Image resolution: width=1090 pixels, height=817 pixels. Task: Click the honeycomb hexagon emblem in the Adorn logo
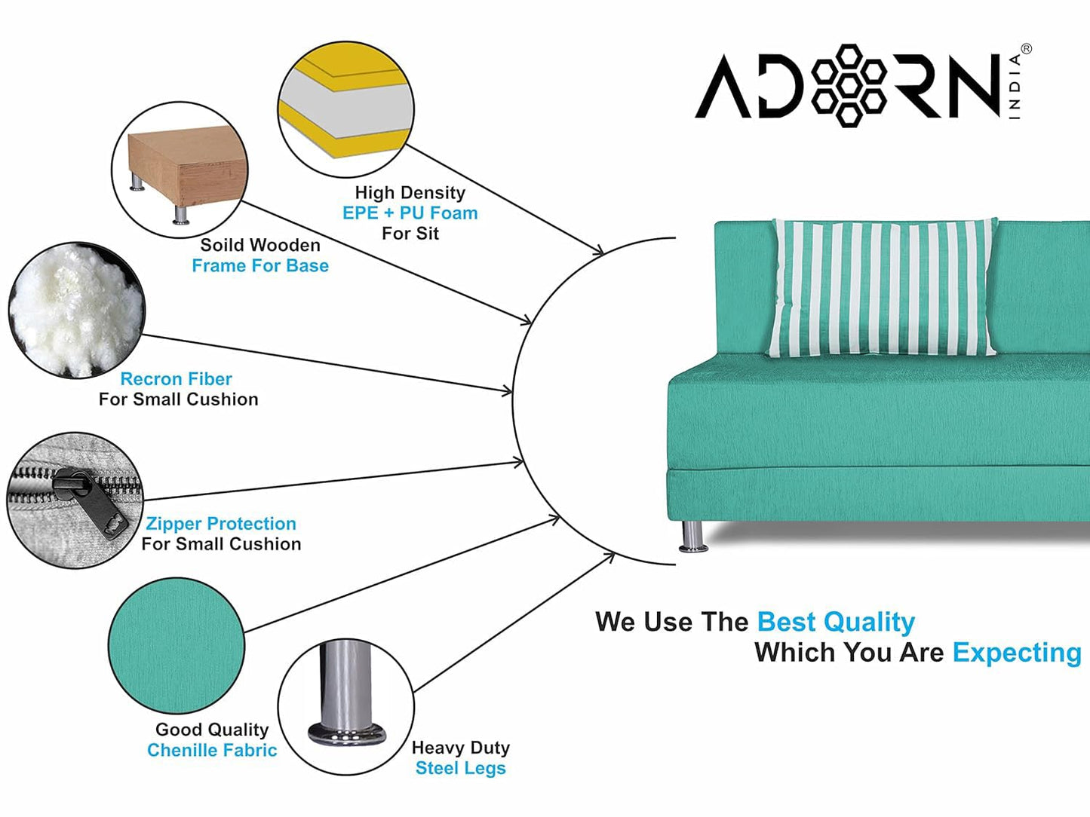[849, 85]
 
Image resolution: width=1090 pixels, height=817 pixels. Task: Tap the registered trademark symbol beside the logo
[1027, 49]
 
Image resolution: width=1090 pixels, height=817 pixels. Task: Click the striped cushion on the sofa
[883, 288]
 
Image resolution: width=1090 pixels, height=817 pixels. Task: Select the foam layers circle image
[345, 109]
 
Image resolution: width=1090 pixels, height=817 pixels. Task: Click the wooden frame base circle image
[180, 170]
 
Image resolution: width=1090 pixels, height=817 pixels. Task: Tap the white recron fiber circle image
[77, 310]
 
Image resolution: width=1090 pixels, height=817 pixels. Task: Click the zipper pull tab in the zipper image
[91, 503]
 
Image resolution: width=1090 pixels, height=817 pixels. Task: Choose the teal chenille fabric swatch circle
[177, 646]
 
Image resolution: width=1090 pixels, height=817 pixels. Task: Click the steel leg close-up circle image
[345, 707]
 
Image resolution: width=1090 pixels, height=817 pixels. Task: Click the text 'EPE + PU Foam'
[410, 213]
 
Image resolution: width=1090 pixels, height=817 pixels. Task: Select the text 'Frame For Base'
[260, 265]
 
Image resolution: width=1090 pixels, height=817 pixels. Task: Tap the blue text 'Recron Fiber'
[176, 379]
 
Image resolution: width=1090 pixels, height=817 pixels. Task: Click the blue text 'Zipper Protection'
[221, 523]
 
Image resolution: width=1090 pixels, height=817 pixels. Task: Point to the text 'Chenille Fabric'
[212, 750]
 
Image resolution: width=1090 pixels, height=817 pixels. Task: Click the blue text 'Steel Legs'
[461, 768]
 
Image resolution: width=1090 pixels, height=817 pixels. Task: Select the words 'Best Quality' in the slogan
[836, 623]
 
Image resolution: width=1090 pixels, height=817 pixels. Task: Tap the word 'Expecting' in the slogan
[1017, 653]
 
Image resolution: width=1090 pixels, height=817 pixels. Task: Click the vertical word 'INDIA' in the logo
[1015, 87]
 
